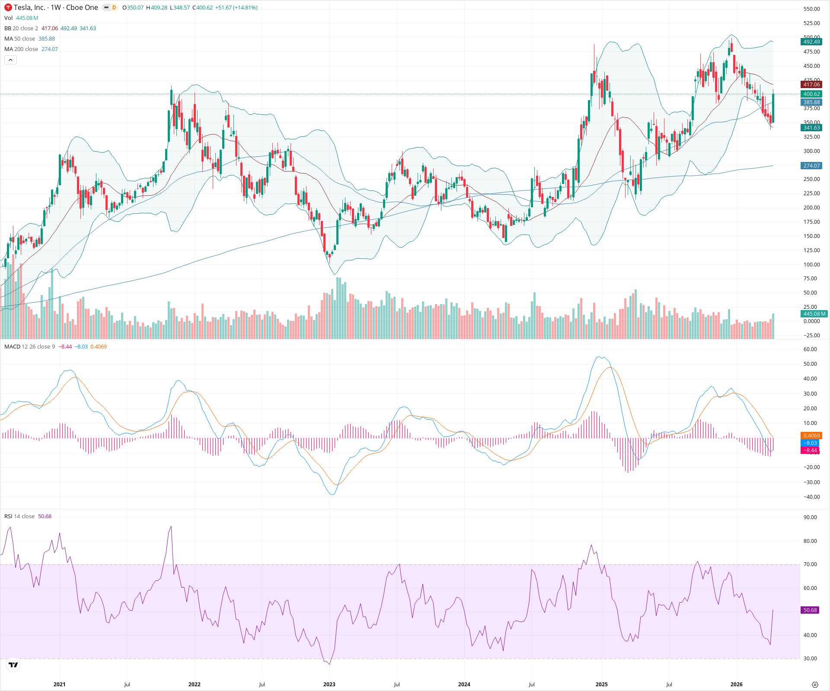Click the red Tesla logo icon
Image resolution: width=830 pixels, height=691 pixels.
pos(8,7)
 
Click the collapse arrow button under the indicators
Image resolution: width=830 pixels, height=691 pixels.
pos(10,60)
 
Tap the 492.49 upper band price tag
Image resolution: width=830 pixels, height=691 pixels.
pos(811,42)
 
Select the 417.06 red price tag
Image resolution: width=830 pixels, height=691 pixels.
pos(811,85)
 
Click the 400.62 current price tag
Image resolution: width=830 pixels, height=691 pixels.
pos(811,94)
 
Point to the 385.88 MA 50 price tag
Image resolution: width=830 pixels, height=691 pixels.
pos(811,102)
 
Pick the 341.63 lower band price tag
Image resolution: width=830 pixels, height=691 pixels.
pos(811,128)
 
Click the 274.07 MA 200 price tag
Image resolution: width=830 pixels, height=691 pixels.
pos(811,166)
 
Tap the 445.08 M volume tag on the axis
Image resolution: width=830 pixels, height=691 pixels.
pos(814,314)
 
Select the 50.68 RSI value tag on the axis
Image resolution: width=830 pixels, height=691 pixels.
pos(810,610)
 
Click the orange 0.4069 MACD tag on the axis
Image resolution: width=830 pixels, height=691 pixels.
pos(811,436)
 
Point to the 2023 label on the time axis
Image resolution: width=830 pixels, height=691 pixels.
pos(329,684)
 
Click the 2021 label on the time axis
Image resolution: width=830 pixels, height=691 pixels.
pos(59,684)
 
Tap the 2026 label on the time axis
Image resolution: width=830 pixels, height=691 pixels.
pos(736,684)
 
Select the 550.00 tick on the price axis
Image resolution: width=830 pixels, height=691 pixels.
pos(811,9)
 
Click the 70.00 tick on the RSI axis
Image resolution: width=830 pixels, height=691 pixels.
pos(810,564)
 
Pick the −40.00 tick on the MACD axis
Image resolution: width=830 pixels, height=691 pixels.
pos(810,497)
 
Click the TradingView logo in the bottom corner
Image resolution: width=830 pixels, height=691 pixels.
pos(13,665)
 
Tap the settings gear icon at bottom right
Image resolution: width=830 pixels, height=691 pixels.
pos(815,685)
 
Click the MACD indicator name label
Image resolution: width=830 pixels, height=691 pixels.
pos(12,347)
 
